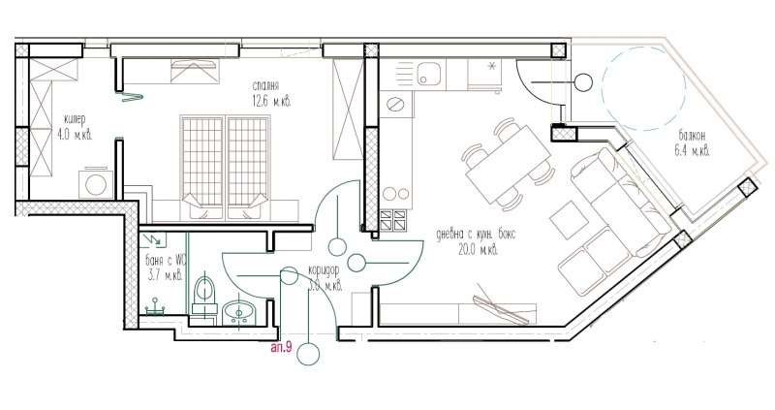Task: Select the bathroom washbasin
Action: click(x=238, y=311)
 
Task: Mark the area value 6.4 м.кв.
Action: click(x=691, y=150)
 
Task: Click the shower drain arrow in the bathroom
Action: click(x=153, y=237)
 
